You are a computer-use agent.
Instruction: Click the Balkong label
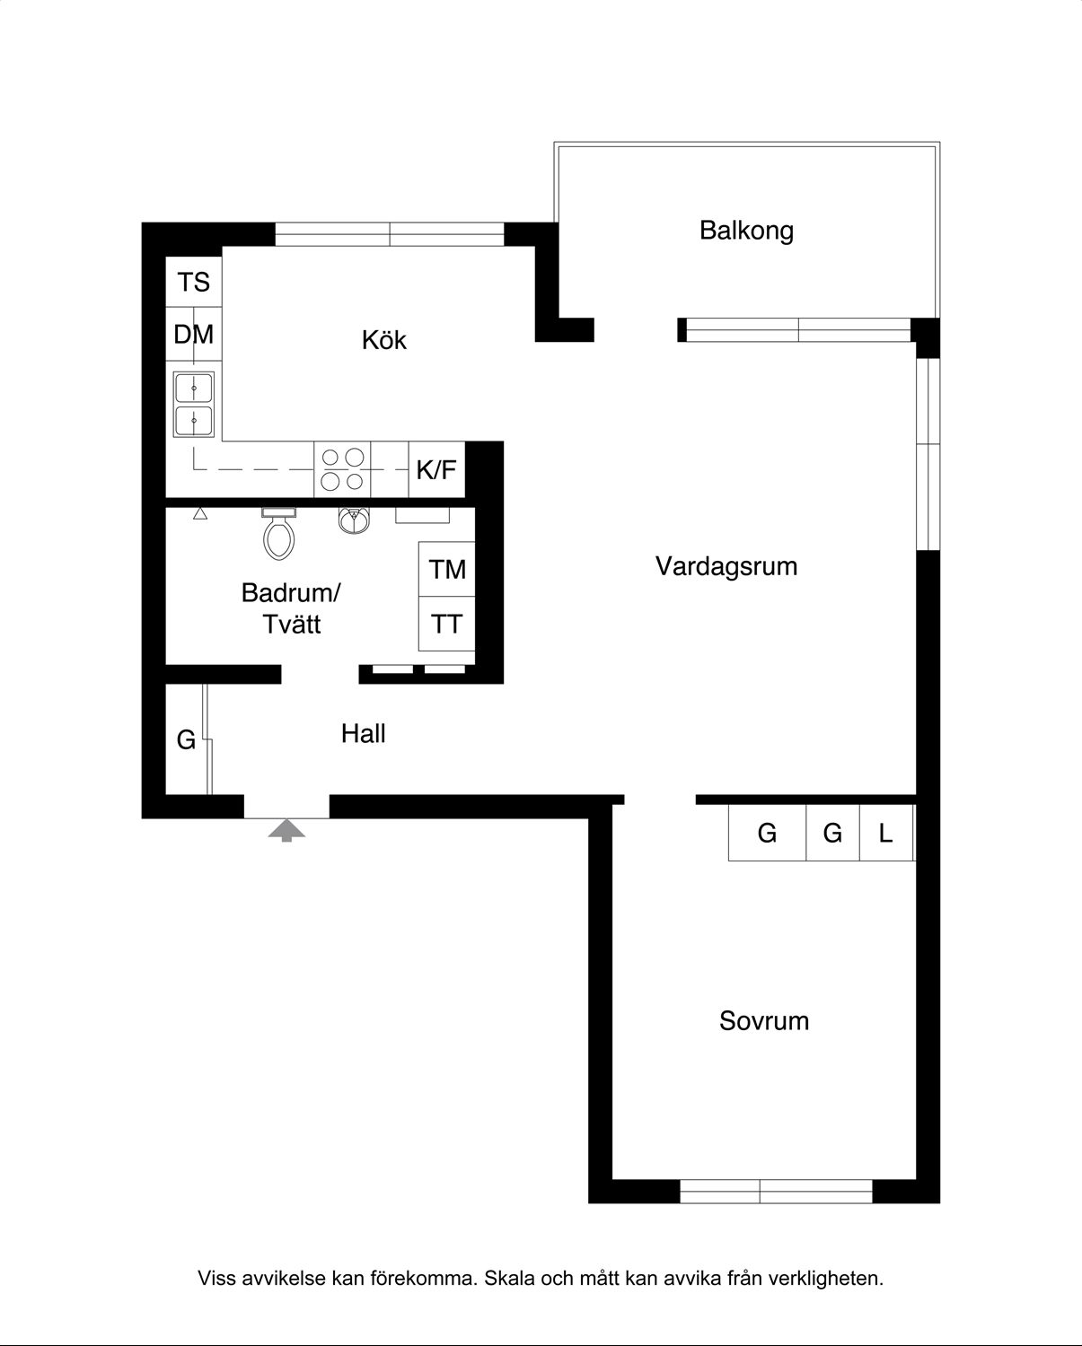(746, 231)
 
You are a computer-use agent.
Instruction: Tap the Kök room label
(384, 340)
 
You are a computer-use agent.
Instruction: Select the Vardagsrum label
(726, 566)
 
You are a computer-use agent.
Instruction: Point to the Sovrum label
(764, 1021)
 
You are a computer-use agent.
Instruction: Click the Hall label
(363, 734)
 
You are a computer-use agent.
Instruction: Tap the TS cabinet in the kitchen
(194, 282)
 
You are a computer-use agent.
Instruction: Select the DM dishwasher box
(194, 334)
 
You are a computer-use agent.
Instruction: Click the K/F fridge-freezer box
(436, 469)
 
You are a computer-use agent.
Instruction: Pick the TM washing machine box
(447, 569)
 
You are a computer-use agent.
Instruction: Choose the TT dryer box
(447, 624)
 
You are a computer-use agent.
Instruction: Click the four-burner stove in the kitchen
(342, 469)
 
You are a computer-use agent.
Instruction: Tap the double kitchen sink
(194, 405)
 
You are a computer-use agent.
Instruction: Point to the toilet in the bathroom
(279, 534)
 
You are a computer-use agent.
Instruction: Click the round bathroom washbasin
(354, 520)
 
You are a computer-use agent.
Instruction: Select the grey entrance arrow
(286, 830)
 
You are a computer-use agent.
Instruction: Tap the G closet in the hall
(187, 740)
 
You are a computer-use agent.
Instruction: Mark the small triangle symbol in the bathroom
(199, 513)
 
